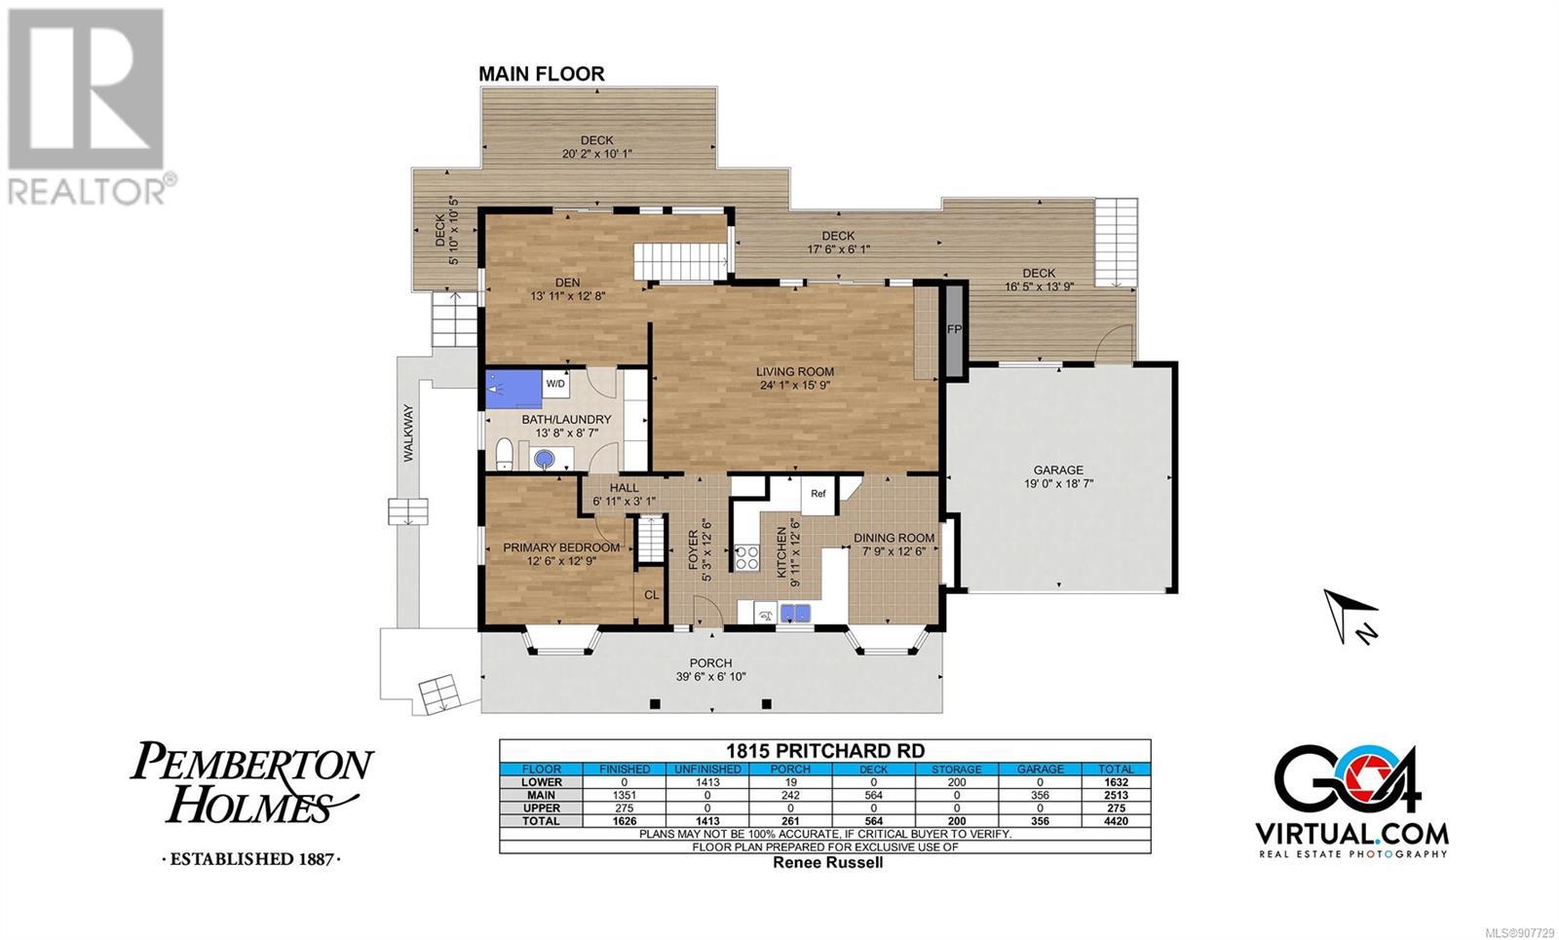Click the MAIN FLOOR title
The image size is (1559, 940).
(542, 74)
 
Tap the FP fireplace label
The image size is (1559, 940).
(954, 329)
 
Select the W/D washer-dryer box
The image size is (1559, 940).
(555, 384)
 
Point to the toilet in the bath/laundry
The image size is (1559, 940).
(504, 455)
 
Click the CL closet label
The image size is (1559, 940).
(651, 595)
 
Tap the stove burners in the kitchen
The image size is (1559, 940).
(746, 557)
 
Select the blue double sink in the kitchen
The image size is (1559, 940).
(795, 613)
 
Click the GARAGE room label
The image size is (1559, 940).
(1058, 470)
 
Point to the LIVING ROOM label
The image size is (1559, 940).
(795, 372)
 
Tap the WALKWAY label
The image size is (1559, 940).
(408, 432)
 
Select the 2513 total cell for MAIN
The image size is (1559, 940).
(1116, 795)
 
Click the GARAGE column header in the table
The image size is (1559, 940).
(1040, 770)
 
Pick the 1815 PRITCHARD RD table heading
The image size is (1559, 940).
(825, 751)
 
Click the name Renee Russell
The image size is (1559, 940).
(827, 863)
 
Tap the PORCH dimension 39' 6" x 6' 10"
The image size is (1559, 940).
(710, 677)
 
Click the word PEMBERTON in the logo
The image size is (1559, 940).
(252, 763)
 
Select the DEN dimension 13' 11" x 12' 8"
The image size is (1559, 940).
(568, 296)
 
